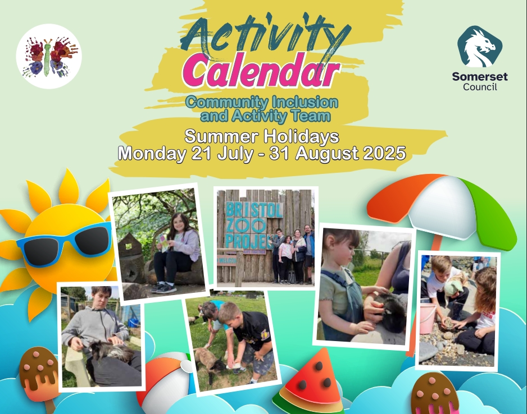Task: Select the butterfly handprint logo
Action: point(49,56)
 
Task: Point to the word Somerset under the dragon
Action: point(480,76)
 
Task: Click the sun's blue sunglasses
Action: point(64,243)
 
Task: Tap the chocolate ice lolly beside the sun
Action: point(38,374)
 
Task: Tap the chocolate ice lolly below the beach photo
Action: point(435,393)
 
